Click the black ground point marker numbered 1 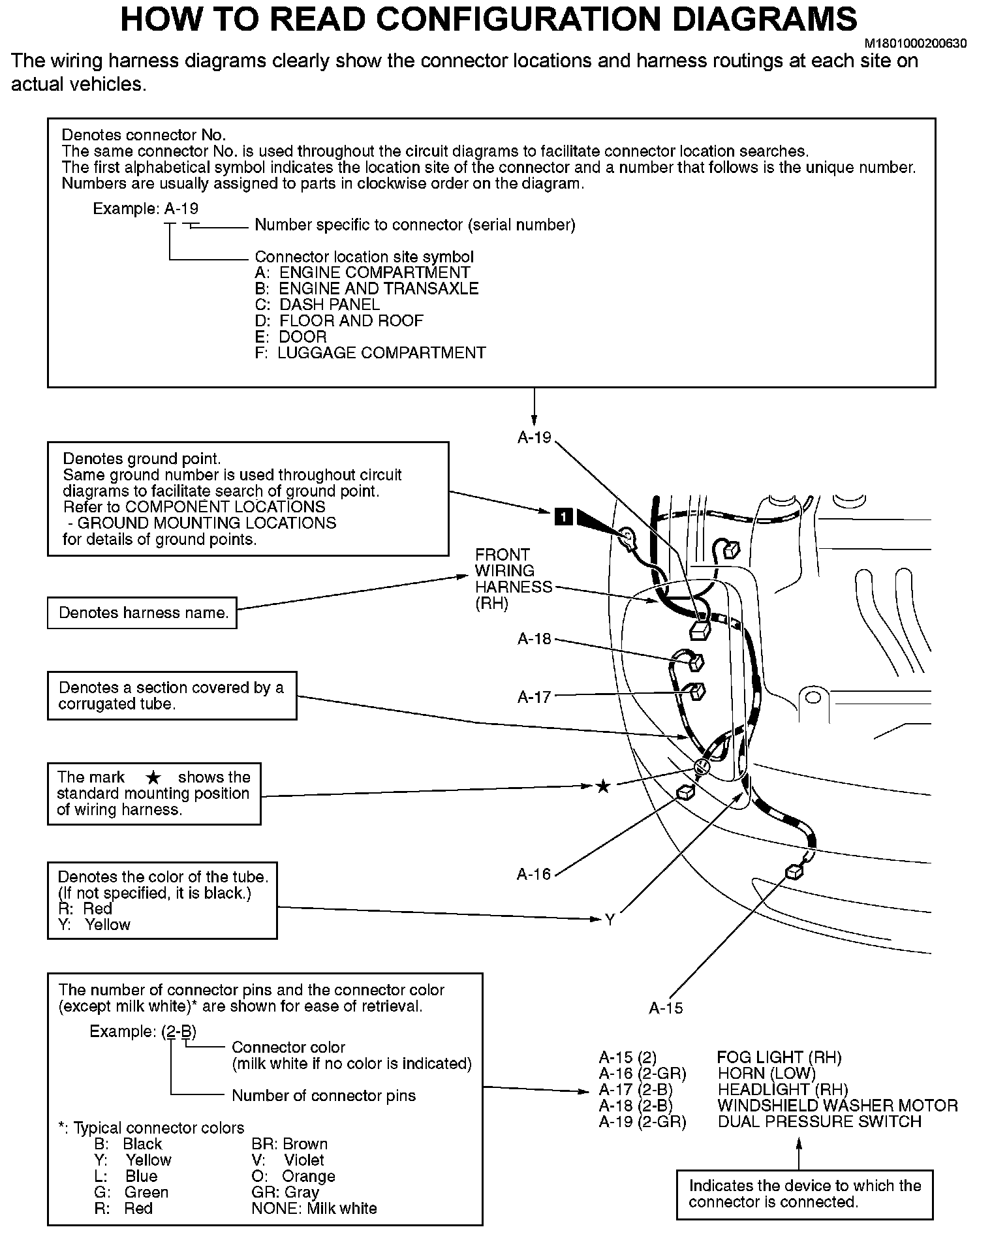click(563, 517)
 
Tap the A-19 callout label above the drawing click(535, 438)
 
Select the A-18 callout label click(535, 639)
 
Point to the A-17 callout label click(535, 697)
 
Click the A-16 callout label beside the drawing click(534, 874)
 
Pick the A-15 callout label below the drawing click(666, 1008)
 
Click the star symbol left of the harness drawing click(604, 786)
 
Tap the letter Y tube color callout click(610, 920)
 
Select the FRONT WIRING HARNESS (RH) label click(513, 579)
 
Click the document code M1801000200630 click(915, 44)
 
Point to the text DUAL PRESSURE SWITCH click(819, 1121)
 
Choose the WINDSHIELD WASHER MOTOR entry click(837, 1106)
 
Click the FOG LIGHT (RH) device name click(779, 1057)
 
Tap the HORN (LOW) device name click(767, 1074)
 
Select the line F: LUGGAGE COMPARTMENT click(370, 353)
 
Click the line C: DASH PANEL click(317, 305)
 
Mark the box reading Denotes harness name click(142, 613)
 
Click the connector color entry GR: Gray click(285, 1192)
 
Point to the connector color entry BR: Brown click(289, 1144)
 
